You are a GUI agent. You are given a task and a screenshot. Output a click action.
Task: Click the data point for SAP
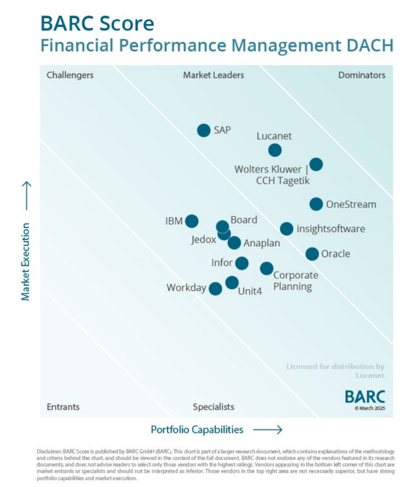(x=204, y=131)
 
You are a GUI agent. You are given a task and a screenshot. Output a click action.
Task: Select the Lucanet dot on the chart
(x=275, y=150)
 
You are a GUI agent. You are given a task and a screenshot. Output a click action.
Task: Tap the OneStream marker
(x=316, y=204)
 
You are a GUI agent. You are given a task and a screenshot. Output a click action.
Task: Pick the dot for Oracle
(x=312, y=254)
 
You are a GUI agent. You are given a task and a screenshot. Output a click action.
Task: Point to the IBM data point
(x=191, y=221)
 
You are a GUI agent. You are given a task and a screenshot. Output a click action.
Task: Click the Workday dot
(x=216, y=288)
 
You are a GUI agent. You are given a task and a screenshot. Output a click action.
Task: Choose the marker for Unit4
(x=232, y=283)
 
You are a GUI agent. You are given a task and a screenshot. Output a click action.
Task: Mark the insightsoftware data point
(x=286, y=229)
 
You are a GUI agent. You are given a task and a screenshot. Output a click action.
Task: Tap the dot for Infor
(x=242, y=263)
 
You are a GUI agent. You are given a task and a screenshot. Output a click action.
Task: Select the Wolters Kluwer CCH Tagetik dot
(x=316, y=164)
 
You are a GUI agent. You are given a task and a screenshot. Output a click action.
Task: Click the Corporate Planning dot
(x=266, y=268)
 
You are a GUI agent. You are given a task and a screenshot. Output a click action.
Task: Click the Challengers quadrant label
(x=70, y=75)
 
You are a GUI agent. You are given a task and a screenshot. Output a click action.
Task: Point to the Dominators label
(x=361, y=75)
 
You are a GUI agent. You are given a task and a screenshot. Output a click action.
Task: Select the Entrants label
(x=63, y=407)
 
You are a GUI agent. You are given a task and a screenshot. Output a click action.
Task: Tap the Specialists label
(x=213, y=407)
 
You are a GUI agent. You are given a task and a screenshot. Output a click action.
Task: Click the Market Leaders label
(x=213, y=75)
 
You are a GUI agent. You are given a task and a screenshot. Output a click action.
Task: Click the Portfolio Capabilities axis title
(x=197, y=429)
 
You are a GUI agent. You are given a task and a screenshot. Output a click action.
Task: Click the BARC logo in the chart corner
(x=365, y=396)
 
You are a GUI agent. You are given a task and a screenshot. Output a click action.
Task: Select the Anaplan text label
(x=262, y=243)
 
